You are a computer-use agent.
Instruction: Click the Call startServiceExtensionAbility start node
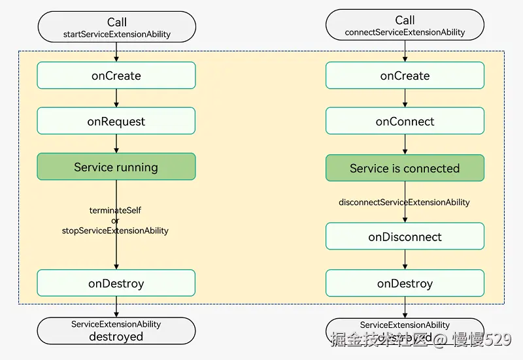click(x=116, y=27)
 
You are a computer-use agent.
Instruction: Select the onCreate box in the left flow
click(x=116, y=76)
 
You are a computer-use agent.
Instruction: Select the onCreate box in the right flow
click(x=405, y=76)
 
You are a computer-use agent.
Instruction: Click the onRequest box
click(x=116, y=122)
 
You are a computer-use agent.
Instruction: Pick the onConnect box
click(x=405, y=122)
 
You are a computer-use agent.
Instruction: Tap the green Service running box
click(x=116, y=167)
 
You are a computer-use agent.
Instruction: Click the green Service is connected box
click(x=405, y=169)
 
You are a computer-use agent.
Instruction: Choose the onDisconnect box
click(x=405, y=237)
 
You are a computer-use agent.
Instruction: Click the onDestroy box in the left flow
click(x=116, y=284)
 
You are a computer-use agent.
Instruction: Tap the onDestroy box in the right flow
click(x=405, y=284)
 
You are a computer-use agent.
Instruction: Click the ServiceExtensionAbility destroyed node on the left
click(x=116, y=331)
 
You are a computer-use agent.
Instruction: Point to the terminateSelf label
click(x=115, y=210)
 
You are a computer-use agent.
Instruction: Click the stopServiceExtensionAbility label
click(x=115, y=231)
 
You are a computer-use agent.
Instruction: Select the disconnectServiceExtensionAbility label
click(x=404, y=203)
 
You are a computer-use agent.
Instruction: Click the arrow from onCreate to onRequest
click(x=116, y=98)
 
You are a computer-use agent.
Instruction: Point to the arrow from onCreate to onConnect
click(x=405, y=98)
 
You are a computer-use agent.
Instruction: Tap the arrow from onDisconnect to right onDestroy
click(x=405, y=260)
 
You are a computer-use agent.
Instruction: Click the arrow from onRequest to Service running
click(x=116, y=144)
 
